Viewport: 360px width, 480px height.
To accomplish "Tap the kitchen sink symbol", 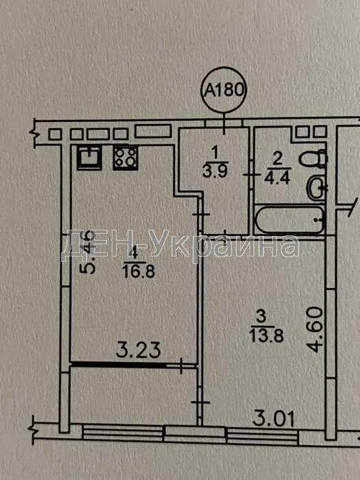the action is coord(89,158).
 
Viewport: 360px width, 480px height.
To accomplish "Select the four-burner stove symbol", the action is coord(125,158).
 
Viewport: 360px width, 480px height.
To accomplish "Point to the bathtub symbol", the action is coord(290,220).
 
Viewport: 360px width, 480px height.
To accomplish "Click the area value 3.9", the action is coord(215,171).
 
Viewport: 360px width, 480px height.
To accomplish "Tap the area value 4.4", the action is coord(278,178).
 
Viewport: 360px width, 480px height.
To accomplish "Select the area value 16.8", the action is coord(139,272).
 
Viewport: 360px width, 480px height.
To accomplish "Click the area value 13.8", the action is coord(267,336).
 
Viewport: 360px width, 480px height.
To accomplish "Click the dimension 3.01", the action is coord(274,419).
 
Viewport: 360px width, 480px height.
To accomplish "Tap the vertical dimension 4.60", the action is coord(316,330).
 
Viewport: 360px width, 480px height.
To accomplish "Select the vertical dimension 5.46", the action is coord(87,252).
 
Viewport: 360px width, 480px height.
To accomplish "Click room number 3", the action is coord(261,317).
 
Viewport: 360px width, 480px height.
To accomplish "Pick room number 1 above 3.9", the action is coord(215,153).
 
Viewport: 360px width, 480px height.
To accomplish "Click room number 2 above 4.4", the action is coord(278,160).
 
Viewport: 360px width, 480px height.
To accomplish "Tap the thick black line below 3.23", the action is coord(119,365).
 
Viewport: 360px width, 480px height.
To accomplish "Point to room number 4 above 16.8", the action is coord(132,254).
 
